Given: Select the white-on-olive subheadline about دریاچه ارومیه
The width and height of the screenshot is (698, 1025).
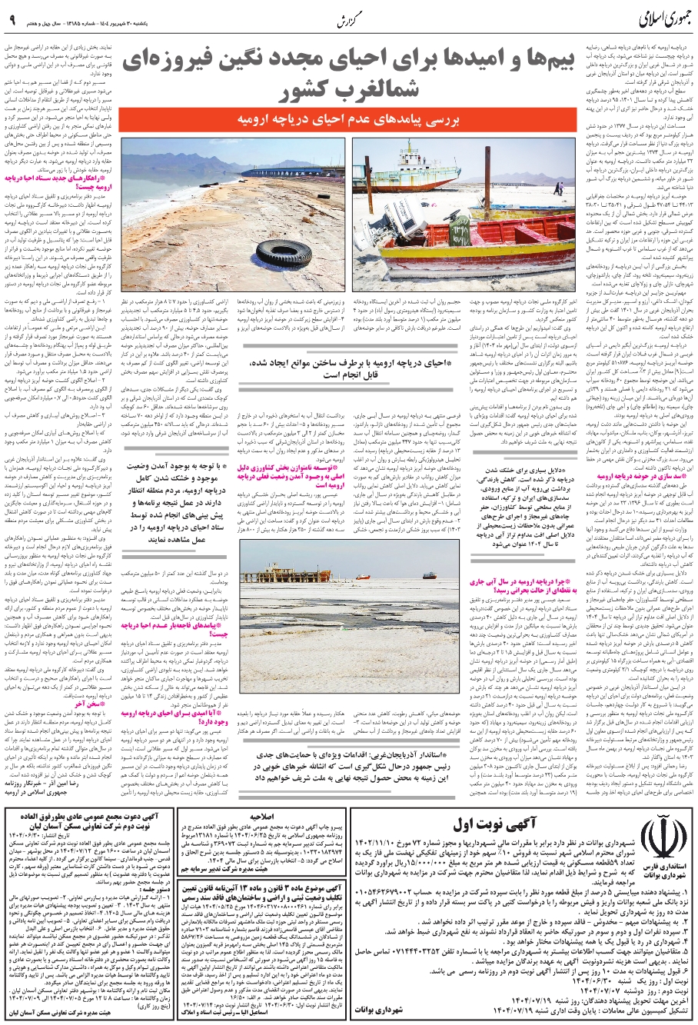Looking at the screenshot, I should (x=349, y=121).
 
